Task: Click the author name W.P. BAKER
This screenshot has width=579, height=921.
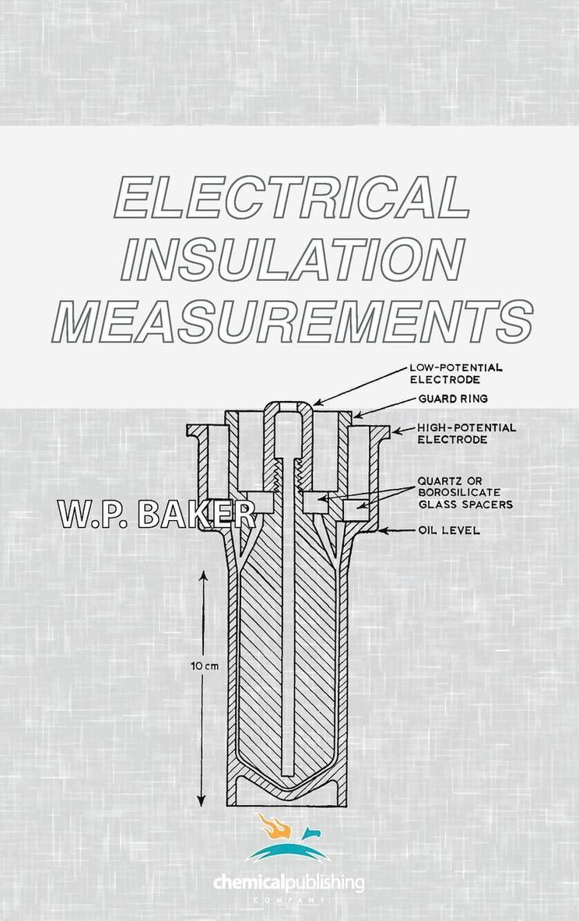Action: coord(156,515)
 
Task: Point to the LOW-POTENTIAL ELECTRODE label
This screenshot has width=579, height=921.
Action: coord(455,373)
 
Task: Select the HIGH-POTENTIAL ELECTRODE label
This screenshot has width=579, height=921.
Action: coord(466,433)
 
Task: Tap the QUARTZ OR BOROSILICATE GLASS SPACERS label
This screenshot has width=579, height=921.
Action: coord(465,492)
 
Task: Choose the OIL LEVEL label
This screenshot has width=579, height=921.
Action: coord(447,531)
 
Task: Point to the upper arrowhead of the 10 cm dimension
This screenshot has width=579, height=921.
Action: coord(202,576)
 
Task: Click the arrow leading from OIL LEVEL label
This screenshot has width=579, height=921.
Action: coord(396,531)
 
